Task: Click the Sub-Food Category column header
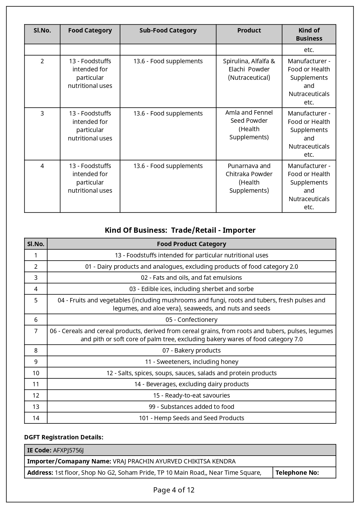tap(168, 30)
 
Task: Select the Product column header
tap(249, 30)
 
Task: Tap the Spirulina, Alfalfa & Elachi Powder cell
tap(249, 69)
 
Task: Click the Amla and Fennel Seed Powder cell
tap(249, 125)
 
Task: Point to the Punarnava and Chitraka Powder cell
tap(249, 178)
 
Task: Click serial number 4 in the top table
tap(42, 166)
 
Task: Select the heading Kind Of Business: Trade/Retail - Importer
tap(180, 230)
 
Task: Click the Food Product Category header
tap(191, 244)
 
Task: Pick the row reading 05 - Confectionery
tap(191, 320)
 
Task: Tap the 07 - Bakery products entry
tap(191, 351)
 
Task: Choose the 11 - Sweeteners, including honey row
tap(191, 362)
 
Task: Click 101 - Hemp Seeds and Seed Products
tap(191, 418)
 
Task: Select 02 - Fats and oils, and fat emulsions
tap(191, 278)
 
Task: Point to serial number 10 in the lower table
tap(36, 373)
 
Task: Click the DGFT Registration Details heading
tap(64, 437)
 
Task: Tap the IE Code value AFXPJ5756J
tap(68, 450)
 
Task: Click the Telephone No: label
tap(297, 473)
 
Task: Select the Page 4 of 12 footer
tap(174, 490)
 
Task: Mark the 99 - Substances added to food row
tap(191, 407)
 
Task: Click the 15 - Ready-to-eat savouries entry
tap(191, 396)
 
